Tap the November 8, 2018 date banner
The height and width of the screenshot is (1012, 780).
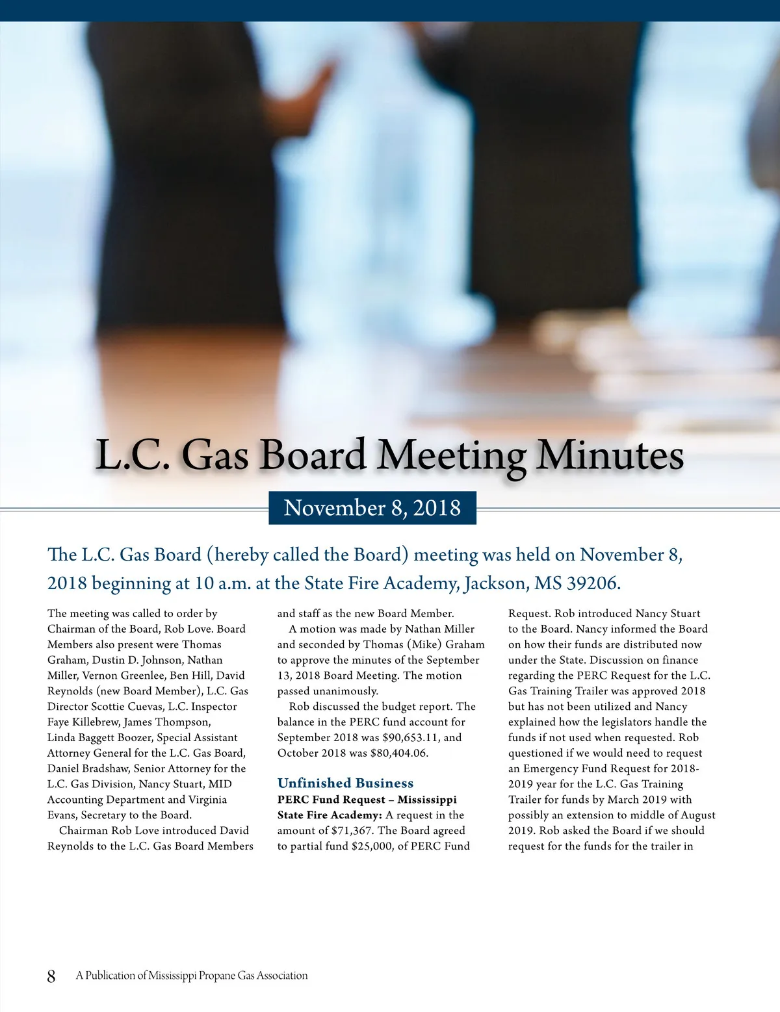point(372,507)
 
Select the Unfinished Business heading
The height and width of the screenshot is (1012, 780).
point(345,783)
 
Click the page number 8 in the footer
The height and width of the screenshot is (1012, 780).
point(51,976)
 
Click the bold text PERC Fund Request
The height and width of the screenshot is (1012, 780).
point(331,799)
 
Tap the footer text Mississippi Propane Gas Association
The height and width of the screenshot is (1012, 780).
point(228,976)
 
